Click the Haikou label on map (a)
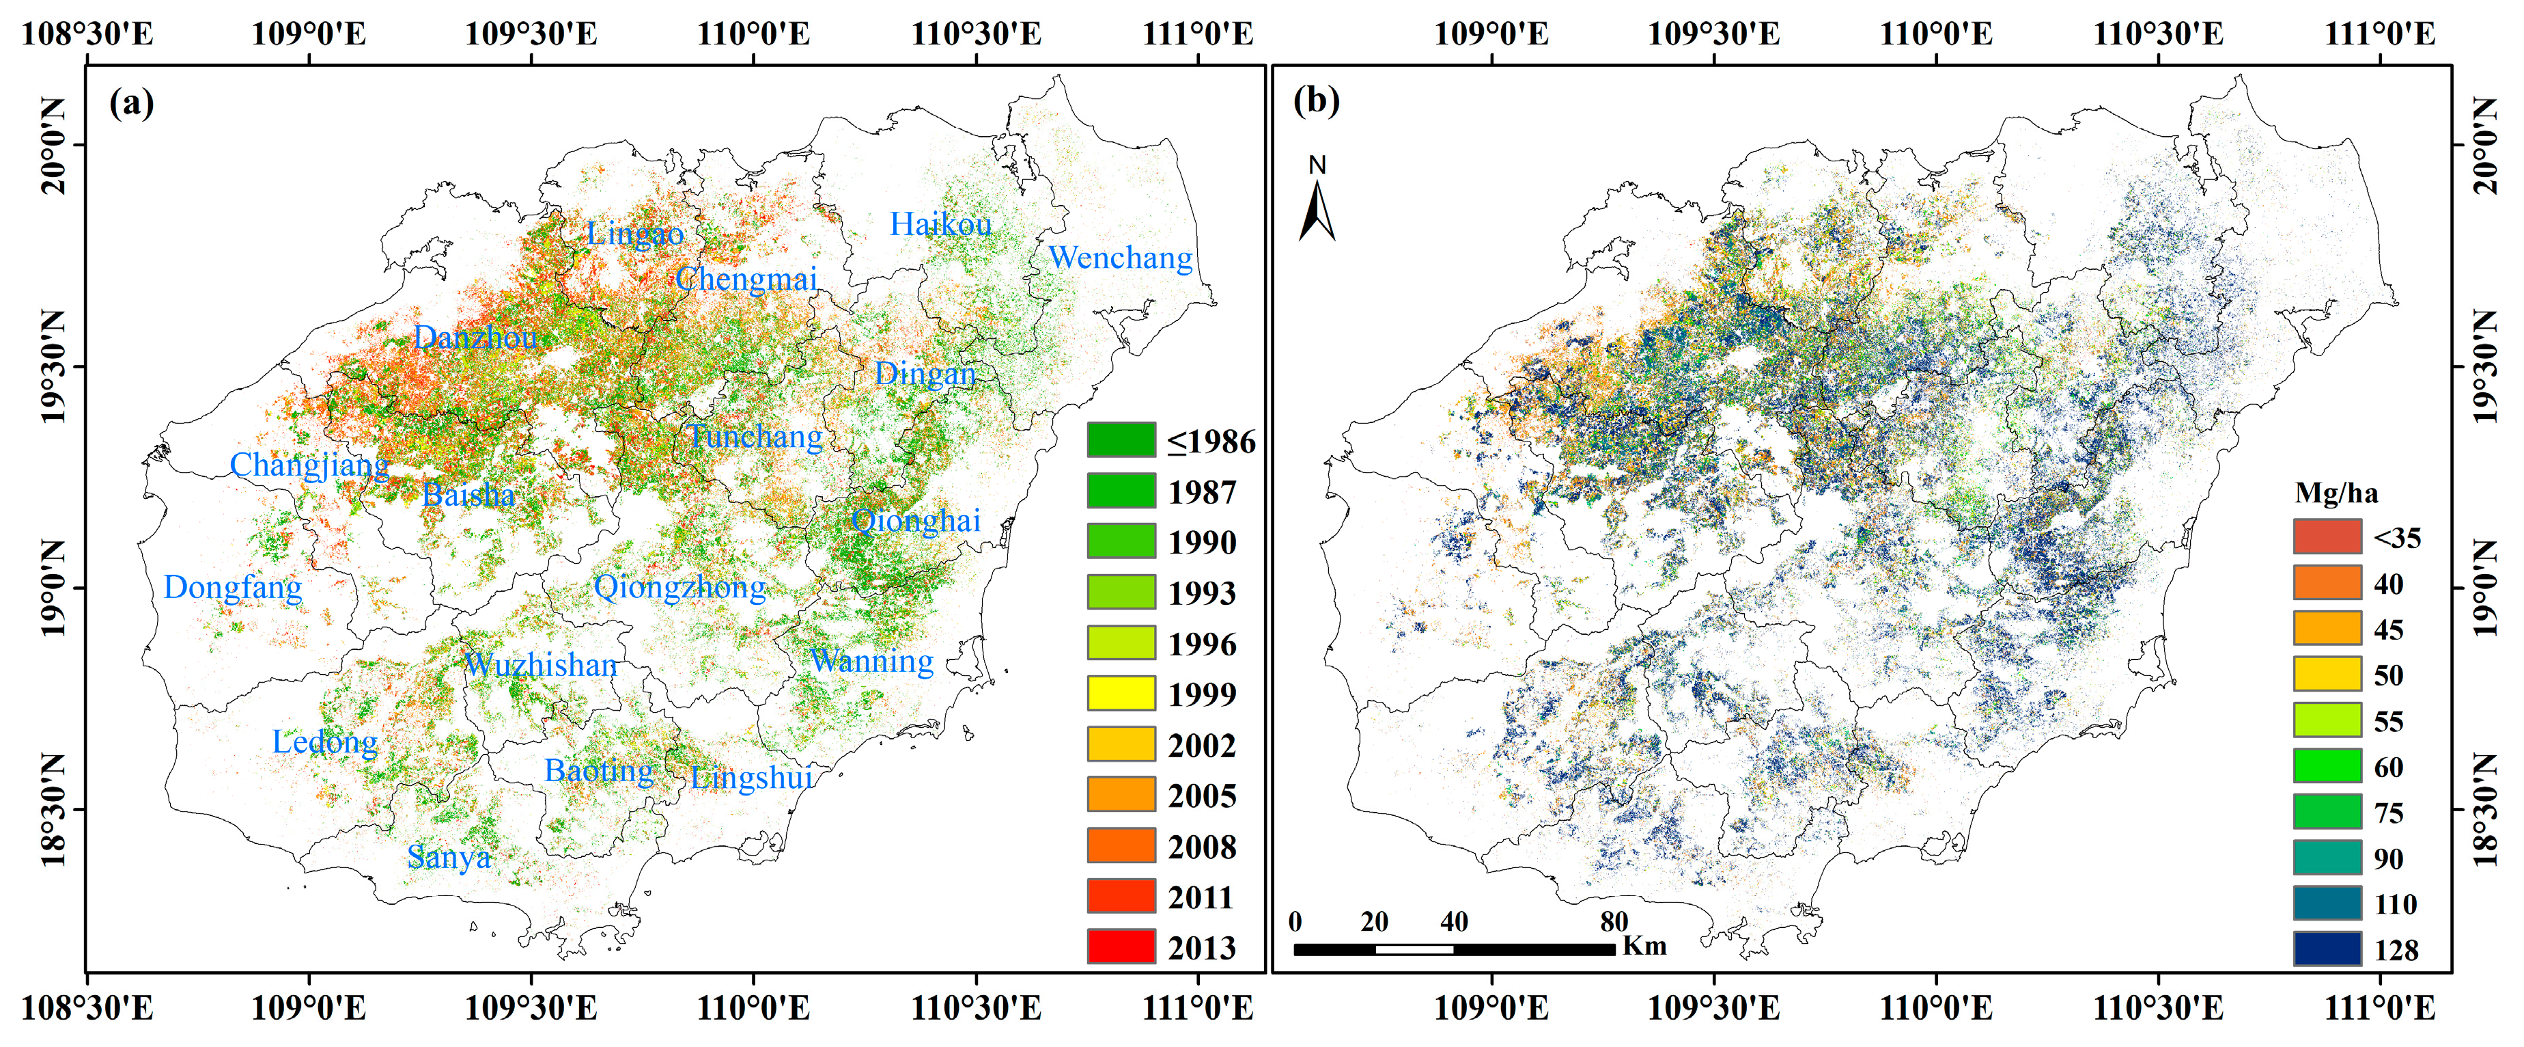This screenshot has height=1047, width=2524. pos(940,224)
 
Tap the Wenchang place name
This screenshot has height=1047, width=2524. pos(1120,258)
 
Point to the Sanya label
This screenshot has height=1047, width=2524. pos(449,858)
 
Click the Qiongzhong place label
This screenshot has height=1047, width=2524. pos(680,587)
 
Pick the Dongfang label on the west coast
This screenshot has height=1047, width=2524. pos(232,587)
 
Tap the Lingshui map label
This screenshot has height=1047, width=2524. pos(751,778)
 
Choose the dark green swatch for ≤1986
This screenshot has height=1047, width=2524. pos(1121,440)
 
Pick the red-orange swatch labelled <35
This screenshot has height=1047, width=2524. pos(2327,537)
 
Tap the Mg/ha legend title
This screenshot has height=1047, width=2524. pos(2336,493)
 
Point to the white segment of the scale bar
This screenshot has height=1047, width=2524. pos(1414,949)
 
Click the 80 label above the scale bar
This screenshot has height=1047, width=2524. pos(1614,921)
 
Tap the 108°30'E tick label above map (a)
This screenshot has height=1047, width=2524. pos(87,34)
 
